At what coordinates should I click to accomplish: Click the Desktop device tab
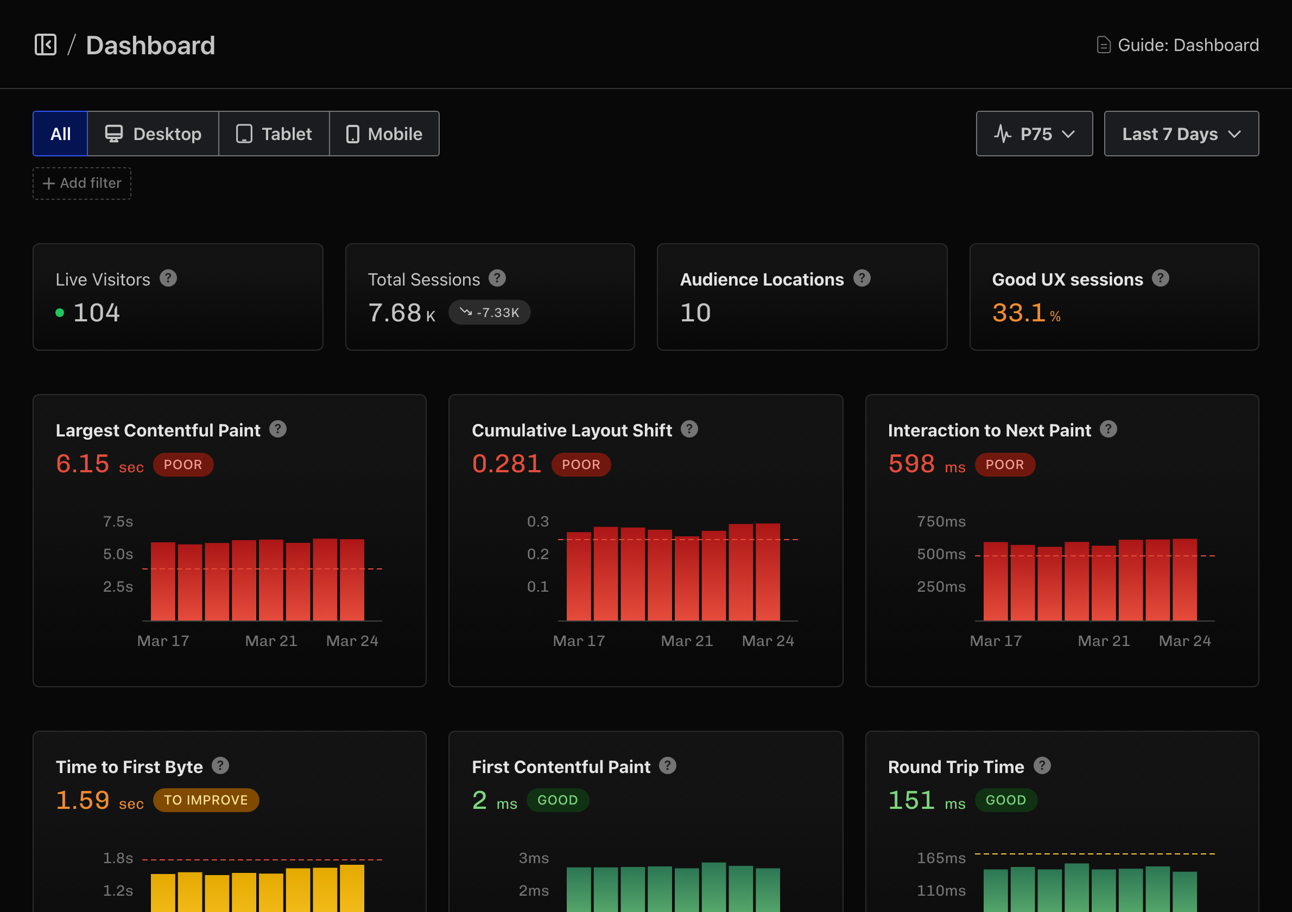153,134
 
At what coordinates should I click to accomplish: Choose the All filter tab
60,134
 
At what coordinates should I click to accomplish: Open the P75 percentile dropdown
1034,134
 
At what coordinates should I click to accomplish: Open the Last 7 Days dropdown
1181,134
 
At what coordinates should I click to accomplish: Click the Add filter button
82,183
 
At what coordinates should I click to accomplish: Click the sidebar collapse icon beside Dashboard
46,45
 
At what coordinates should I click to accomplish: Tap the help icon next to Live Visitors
168,278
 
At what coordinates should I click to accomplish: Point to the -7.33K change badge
489,313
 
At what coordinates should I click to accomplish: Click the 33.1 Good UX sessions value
1018,313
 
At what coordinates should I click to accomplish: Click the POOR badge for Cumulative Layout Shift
581,465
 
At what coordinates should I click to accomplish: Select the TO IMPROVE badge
205,800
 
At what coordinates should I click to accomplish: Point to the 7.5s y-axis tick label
118,522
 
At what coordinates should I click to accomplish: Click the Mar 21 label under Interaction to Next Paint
1103,641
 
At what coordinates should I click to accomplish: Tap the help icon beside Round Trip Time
1042,766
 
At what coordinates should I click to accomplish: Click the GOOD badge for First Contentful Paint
557,800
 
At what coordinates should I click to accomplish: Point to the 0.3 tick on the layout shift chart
537,522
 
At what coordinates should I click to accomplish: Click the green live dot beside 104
60,313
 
